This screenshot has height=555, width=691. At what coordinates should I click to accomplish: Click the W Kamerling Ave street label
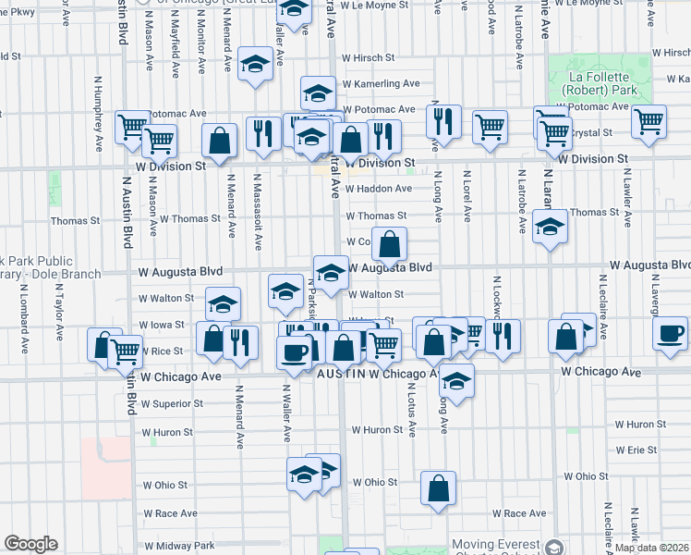(x=381, y=83)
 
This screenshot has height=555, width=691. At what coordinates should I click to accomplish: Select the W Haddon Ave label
(x=379, y=189)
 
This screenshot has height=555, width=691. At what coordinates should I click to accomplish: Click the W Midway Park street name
(x=178, y=545)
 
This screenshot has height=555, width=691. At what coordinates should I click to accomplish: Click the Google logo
(x=30, y=544)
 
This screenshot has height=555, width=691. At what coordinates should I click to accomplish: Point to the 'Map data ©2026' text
(x=653, y=548)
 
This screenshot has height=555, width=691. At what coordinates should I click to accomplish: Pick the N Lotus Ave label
(x=411, y=410)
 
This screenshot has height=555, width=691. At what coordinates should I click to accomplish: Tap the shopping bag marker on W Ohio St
(x=438, y=487)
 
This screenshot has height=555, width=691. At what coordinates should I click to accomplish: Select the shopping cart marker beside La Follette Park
(x=649, y=119)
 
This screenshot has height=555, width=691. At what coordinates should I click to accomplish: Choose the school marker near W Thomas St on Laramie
(x=550, y=227)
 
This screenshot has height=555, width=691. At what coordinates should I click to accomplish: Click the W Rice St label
(x=161, y=351)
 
